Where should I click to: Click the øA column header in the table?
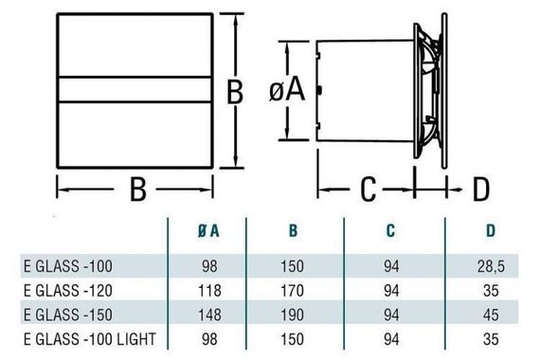(x=212, y=229)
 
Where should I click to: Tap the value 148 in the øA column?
(x=212, y=314)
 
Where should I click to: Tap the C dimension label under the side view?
(x=372, y=189)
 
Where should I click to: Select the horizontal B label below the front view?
(x=136, y=190)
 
